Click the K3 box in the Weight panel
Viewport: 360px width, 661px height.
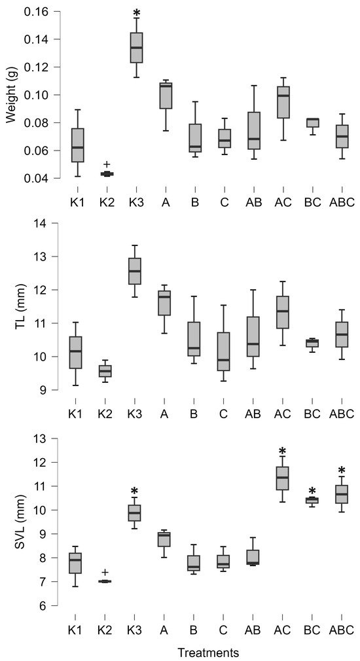136,48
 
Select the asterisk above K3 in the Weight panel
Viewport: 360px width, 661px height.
136,14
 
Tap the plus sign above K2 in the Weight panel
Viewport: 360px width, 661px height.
107,164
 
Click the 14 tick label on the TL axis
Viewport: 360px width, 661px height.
41,223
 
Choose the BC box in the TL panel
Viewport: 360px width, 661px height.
312,343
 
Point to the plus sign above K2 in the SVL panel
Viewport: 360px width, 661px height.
107,573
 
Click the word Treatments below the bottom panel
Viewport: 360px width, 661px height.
208,652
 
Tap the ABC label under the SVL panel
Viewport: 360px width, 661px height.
342,629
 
